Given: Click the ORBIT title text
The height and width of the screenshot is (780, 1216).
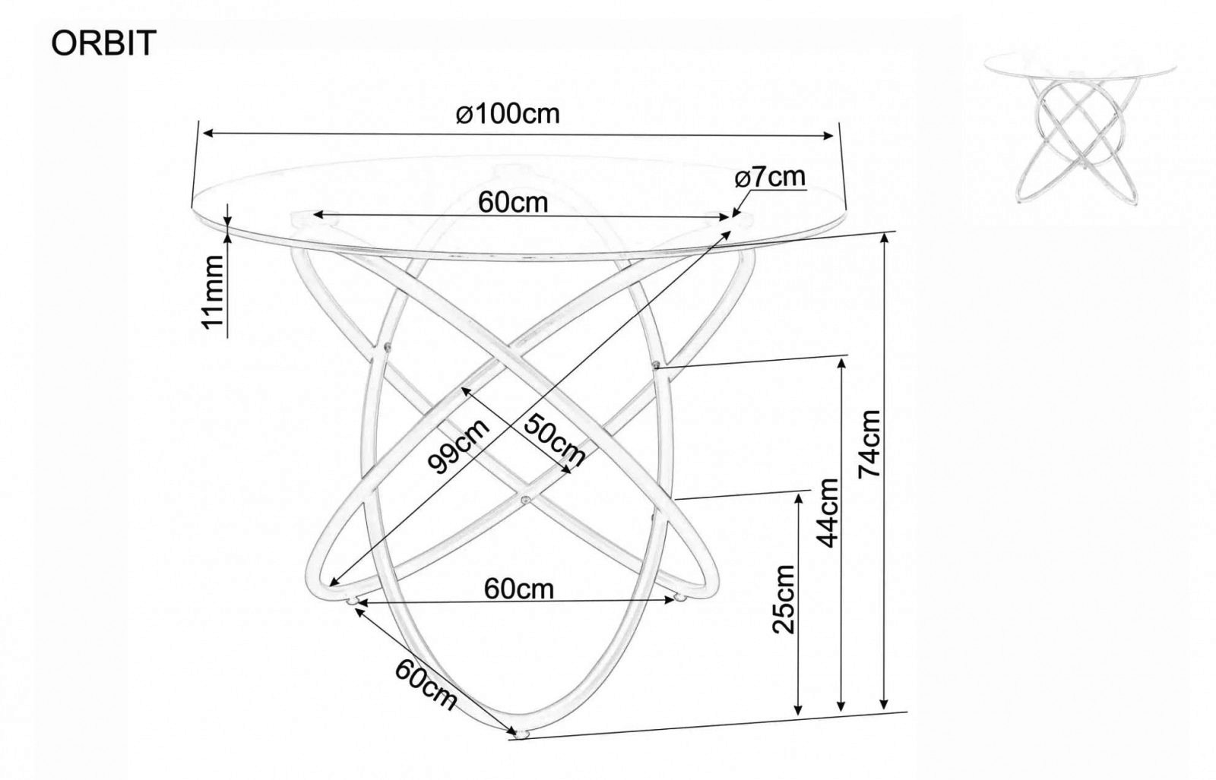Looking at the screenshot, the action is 103,43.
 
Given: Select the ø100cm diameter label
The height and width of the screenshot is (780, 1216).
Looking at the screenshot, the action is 508,114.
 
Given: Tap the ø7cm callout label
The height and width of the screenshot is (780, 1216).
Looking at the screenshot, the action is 771,177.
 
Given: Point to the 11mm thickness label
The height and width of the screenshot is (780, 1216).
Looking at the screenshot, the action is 213,292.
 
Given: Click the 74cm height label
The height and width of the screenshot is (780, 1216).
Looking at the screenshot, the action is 869,444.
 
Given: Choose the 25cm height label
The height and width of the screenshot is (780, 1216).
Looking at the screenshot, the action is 784,599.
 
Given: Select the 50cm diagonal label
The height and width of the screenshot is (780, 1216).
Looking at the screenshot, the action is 555,440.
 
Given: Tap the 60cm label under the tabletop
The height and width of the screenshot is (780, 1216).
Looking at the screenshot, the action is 513,202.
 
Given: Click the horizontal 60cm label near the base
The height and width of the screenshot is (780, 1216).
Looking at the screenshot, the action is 519,589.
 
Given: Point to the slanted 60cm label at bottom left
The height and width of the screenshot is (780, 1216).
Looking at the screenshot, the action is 426,684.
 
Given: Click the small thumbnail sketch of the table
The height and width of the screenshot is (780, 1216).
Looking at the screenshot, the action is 1079,128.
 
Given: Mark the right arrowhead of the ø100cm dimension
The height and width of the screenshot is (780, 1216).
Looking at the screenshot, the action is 827,135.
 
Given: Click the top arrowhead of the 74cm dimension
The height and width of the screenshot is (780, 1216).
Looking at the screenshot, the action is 885,239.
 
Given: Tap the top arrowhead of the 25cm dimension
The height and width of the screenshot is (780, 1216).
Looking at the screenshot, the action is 798,500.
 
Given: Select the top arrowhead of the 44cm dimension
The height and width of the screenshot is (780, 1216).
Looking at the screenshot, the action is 841,365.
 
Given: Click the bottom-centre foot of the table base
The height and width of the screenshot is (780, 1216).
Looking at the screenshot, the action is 522,734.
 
